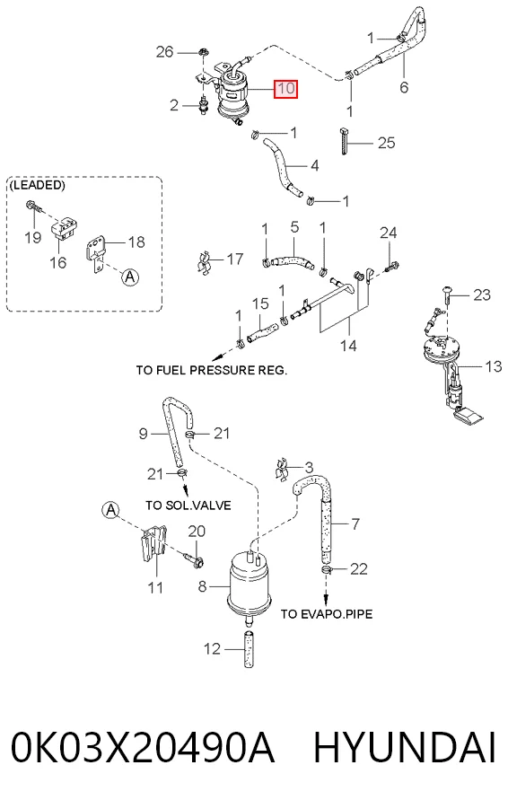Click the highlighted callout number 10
286,88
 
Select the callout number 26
165,51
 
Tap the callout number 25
386,143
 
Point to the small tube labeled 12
249,648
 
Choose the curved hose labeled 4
282,168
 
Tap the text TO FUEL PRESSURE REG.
212,370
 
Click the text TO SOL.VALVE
188,506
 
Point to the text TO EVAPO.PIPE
327,614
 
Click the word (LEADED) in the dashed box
37,185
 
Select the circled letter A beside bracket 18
130,277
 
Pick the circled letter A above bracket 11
109,510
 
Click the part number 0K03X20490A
143,747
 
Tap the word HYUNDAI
405,747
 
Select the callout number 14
348,345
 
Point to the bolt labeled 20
194,558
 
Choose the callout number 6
404,87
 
